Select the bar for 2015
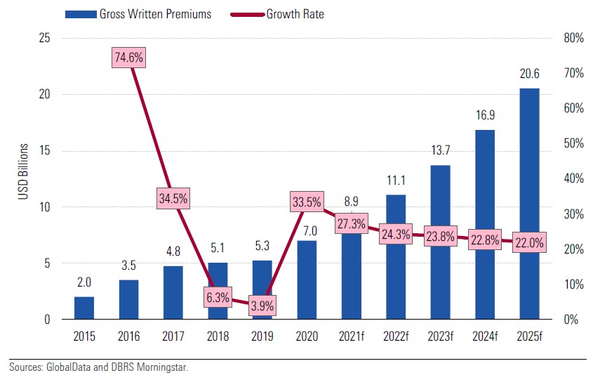[x=84, y=308]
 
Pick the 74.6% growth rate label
[x=128, y=58]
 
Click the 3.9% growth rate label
[x=261, y=306]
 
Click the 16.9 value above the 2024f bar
[x=484, y=115]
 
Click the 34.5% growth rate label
[x=173, y=199]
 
